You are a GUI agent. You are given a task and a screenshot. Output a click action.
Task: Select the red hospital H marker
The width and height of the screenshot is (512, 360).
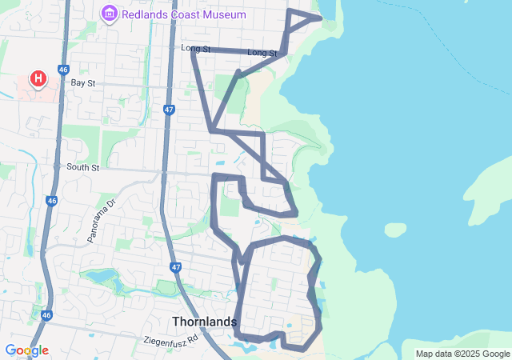(38, 78)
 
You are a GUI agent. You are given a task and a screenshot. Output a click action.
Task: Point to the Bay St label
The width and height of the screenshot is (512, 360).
(82, 82)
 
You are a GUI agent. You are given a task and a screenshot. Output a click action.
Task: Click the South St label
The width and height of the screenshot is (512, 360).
(82, 168)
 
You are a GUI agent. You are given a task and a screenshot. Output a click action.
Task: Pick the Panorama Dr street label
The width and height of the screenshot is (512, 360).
(102, 221)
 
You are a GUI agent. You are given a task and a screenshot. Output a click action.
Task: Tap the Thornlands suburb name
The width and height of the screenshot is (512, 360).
(204, 322)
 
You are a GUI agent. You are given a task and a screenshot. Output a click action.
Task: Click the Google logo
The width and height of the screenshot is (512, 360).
(26, 350)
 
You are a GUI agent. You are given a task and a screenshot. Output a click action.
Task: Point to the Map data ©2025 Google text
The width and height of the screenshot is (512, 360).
(462, 354)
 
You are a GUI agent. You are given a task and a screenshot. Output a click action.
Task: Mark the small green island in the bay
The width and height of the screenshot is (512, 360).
(395, 230)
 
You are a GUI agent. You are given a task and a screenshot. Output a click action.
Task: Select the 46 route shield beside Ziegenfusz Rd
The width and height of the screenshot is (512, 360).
(47, 316)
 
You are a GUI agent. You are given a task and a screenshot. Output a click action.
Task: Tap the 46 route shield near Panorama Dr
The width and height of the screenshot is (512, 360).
(51, 201)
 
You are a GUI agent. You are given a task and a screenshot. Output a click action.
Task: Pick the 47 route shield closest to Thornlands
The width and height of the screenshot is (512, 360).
(176, 267)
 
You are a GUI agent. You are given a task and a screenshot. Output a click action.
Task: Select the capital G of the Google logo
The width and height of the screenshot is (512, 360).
(10, 350)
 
